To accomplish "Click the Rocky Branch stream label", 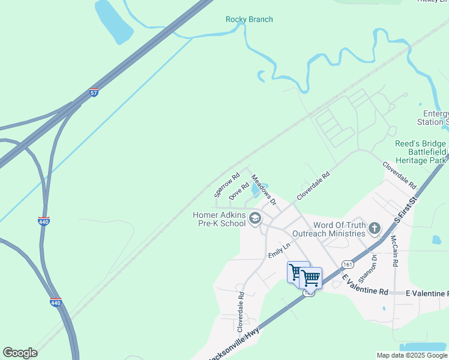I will (x=249, y=20).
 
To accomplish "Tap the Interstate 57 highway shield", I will (x=94, y=92).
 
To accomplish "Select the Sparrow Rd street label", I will (x=227, y=185).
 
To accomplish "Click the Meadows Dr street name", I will (x=264, y=190).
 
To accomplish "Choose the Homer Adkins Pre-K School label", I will (x=219, y=219).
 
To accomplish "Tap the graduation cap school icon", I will (x=255, y=218).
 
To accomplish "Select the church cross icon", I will (x=375, y=228).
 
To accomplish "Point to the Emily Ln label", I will (x=279, y=250).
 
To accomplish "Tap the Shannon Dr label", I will (x=366, y=268).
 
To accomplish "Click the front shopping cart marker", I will (x=310, y=278).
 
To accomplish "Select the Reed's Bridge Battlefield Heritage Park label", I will (x=421, y=152).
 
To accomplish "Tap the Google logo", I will (x=20, y=353).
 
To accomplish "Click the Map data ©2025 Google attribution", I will (x=412, y=355).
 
